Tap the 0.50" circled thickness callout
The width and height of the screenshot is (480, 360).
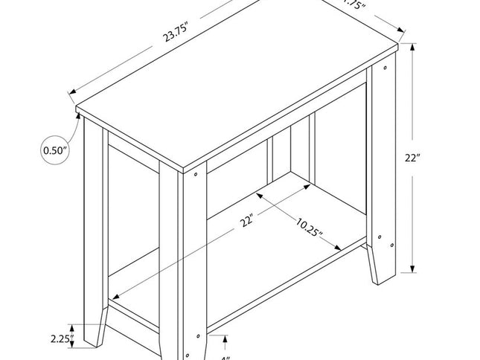tap(54, 151)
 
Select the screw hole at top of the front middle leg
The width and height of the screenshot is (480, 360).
tap(196, 176)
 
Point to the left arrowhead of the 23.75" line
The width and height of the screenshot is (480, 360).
tap(71, 93)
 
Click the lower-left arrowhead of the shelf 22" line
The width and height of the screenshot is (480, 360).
tap(114, 299)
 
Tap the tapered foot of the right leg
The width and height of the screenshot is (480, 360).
tap(381, 268)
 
